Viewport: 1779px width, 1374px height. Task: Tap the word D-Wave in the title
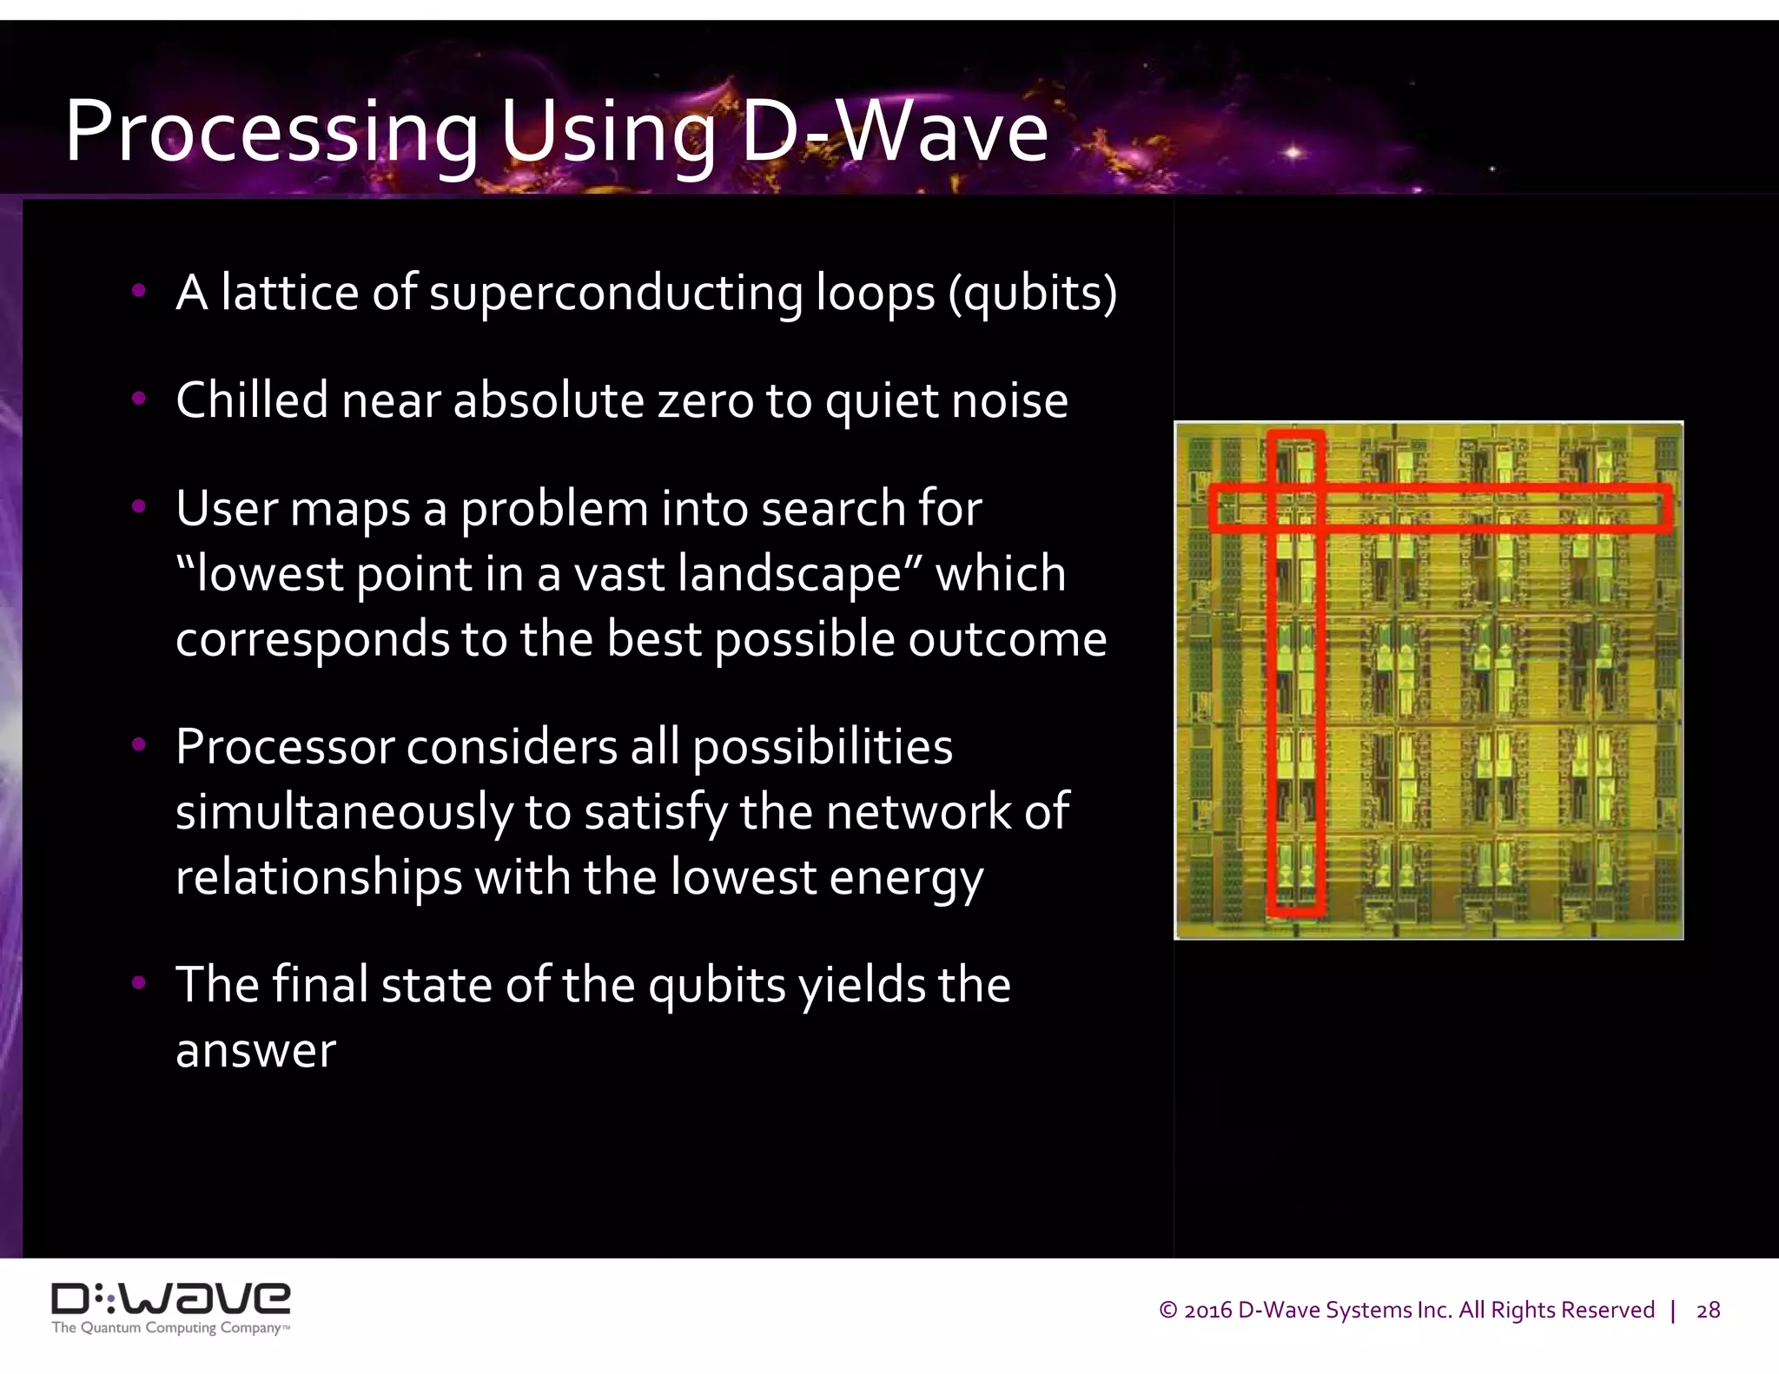pyautogui.click(x=895, y=132)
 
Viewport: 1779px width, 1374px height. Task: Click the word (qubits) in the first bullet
pyautogui.click(x=1032, y=293)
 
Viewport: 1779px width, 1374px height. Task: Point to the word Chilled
pyautogui.click(x=252, y=400)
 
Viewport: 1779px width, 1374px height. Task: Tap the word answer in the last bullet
pyautogui.click(x=255, y=1051)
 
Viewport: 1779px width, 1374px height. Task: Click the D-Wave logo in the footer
pyautogui.click(x=171, y=1299)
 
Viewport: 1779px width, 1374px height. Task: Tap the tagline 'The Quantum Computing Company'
pyautogui.click(x=169, y=1328)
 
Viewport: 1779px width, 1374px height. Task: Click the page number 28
pyautogui.click(x=1708, y=1310)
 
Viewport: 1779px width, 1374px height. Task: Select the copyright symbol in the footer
pyautogui.click(x=1168, y=1310)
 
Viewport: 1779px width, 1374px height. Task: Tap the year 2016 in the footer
pyautogui.click(x=1208, y=1310)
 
